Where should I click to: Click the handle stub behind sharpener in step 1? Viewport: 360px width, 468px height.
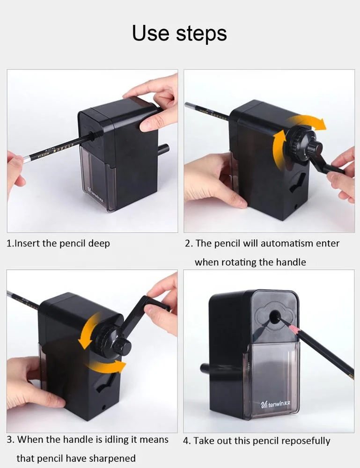163,149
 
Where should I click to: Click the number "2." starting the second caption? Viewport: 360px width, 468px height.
189,244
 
